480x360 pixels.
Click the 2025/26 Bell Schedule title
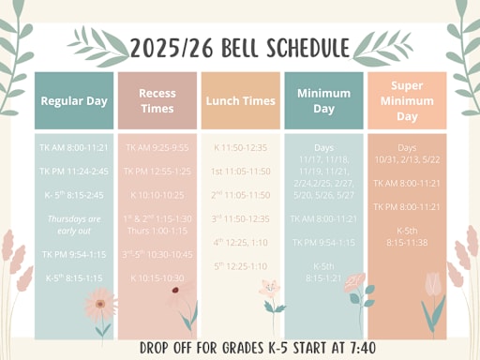tap(239, 47)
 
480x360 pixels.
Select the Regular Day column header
tap(73, 100)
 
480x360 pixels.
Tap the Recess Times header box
tap(157, 100)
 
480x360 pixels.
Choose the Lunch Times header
tap(240, 100)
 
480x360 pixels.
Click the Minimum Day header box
tap(323, 100)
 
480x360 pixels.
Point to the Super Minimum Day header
tap(406, 100)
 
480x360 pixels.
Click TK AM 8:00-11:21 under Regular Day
tap(74, 147)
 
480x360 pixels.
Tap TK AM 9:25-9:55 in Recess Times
tap(157, 147)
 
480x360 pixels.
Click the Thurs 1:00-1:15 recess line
tap(157, 230)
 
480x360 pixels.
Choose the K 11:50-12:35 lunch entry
tap(240, 147)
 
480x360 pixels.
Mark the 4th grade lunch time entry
tap(240, 242)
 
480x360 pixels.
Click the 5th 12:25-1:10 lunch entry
tap(240, 266)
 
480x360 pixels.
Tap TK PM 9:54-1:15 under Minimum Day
tap(323, 242)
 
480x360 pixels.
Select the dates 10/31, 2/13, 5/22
tap(406, 158)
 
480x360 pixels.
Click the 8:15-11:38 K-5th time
tap(406, 242)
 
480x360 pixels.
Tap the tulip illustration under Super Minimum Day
tap(433, 286)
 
